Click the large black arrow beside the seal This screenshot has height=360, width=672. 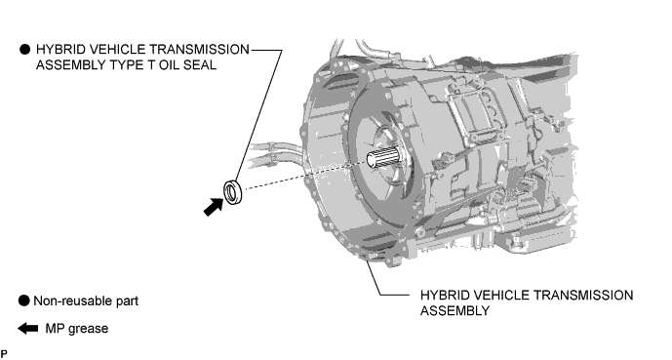pyautogui.click(x=213, y=207)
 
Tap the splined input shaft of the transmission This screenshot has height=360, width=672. pyautogui.click(x=383, y=157)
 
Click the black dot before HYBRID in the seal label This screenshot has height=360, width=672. pyautogui.click(x=24, y=50)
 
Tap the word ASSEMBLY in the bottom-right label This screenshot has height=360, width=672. pyautogui.click(x=455, y=310)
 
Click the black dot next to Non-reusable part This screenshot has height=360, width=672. pyautogui.click(x=24, y=300)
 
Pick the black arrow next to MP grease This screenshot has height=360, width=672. pyautogui.click(x=28, y=329)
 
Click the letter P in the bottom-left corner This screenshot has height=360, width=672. pyautogui.click(x=4, y=353)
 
